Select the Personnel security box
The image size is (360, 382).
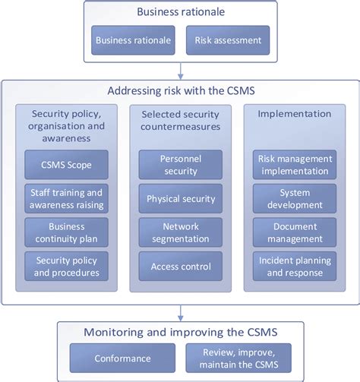[x=181, y=165]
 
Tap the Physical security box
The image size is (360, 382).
[x=181, y=199]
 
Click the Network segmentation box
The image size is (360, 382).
[x=181, y=232]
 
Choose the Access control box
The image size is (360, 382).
[x=181, y=267]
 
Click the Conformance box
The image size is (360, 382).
[x=122, y=357]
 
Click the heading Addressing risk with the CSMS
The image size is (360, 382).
[x=180, y=90]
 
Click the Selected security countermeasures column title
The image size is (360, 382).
[x=180, y=120]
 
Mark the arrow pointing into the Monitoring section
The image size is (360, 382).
[x=180, y=311]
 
